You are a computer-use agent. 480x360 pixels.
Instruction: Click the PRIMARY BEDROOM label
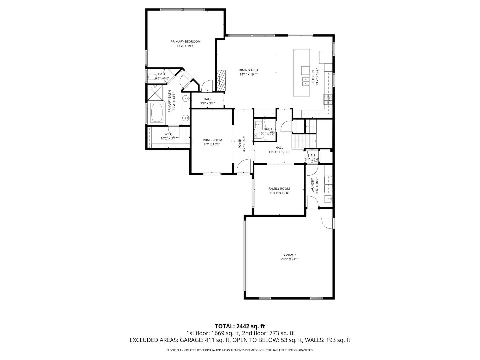[185, 41]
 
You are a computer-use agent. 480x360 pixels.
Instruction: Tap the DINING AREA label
[248, 70]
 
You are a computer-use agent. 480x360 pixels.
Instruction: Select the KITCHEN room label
[313, 77]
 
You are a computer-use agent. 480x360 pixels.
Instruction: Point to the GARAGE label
[290, 255]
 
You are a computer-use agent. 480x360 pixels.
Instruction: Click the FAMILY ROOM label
[279, 189]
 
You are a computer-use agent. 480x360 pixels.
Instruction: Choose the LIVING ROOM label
[212, 140]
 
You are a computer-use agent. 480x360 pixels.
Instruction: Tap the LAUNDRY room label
[313, 185]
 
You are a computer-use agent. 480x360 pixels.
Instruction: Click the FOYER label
[239, 142]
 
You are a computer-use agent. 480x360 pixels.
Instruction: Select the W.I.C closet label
[168, 134]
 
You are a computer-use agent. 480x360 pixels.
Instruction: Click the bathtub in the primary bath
[157, 113]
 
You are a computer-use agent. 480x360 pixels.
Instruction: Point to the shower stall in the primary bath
[155, 93]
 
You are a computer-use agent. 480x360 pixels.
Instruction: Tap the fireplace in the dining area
[221, 80]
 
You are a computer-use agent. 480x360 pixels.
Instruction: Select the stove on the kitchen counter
[328, 99]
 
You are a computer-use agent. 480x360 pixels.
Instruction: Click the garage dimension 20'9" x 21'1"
[290, 259]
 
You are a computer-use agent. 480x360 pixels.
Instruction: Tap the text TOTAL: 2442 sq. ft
[240, 326]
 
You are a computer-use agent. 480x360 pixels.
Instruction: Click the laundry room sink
[328, 199]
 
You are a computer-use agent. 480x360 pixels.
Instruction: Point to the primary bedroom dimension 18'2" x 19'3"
[185, 46]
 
